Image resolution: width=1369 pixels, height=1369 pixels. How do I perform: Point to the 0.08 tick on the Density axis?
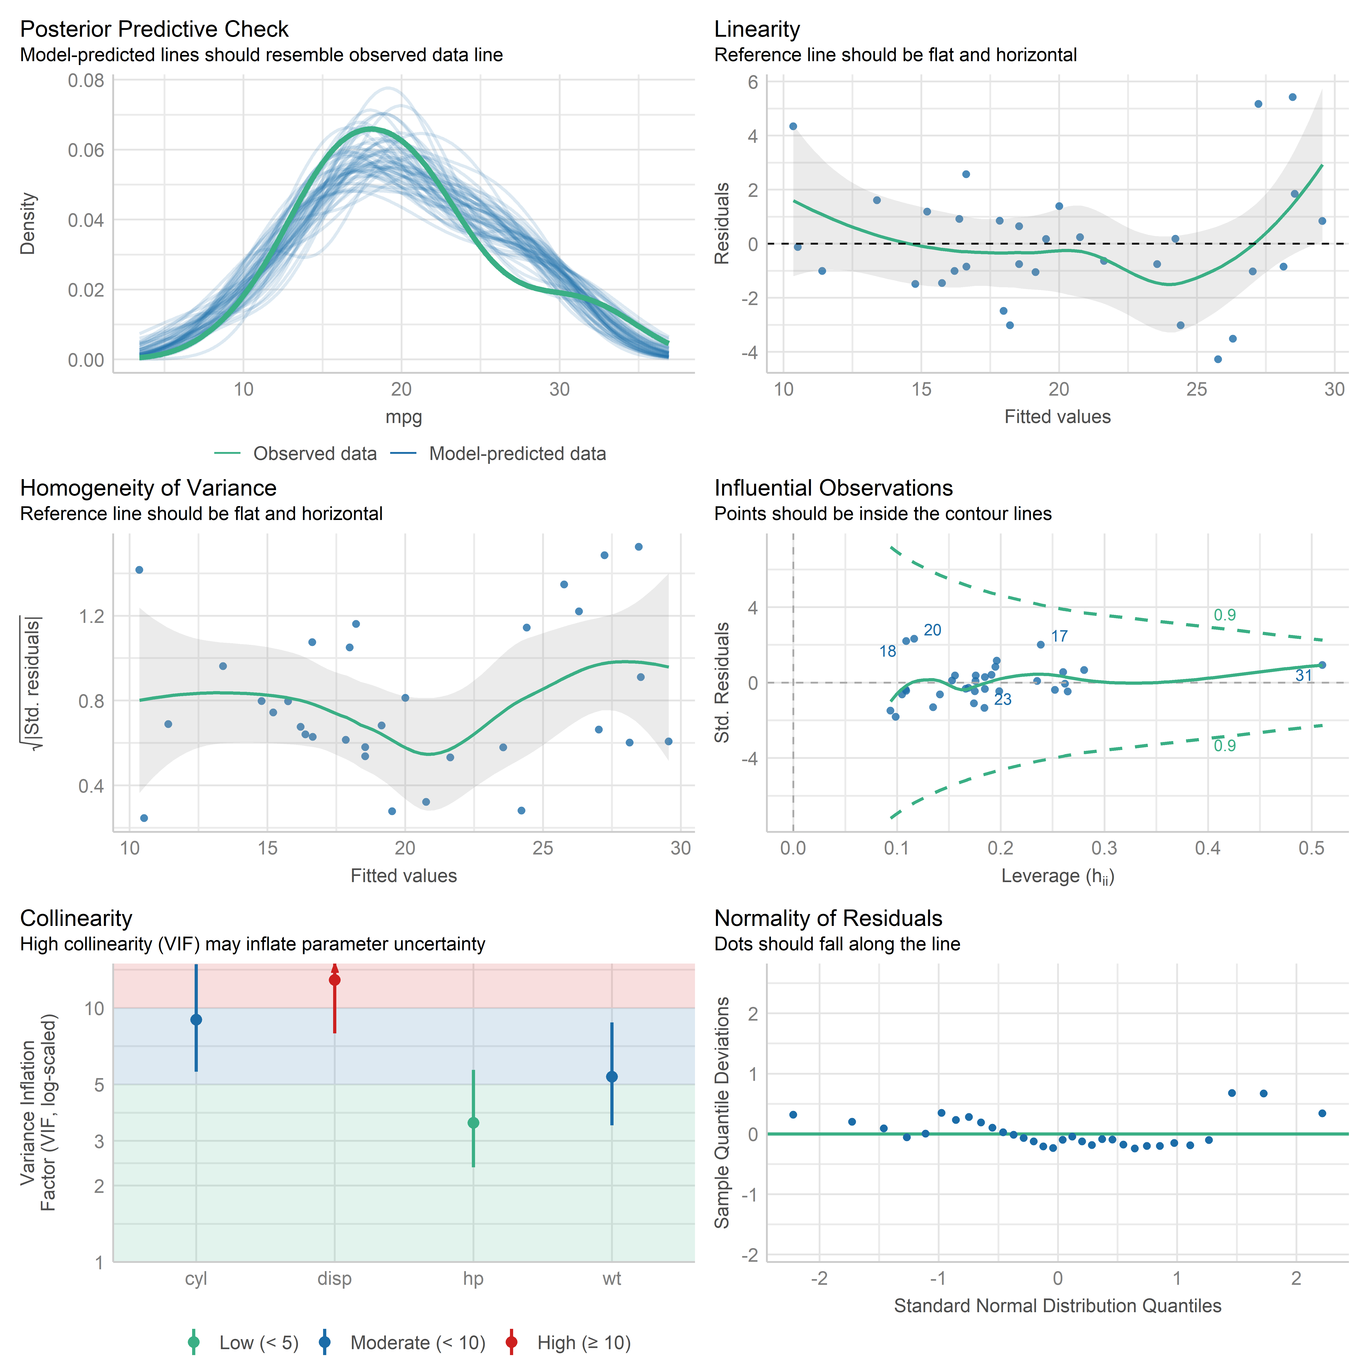(86, 81)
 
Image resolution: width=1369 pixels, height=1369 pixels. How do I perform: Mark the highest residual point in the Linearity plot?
(1292, 97)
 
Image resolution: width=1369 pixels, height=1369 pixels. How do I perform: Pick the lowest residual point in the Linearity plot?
(1217, 359)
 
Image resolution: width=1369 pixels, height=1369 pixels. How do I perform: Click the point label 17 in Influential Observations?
(1059, 636)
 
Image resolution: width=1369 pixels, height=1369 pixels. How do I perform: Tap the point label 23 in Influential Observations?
(1003, 700)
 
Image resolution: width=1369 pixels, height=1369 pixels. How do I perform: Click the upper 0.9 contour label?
(1224, 615)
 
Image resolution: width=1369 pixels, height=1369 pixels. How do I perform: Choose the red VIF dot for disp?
(334, 980)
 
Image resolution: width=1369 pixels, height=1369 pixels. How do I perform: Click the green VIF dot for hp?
(473, 1122)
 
